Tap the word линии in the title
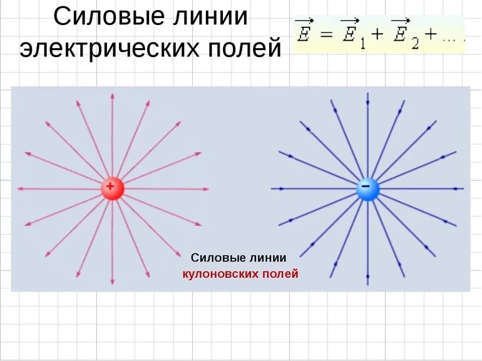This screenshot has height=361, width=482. tap(208, 17)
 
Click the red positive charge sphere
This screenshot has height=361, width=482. tap(112, 188)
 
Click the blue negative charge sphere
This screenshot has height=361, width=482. tap(367, 188)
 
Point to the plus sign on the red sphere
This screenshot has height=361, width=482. tap(110, 186)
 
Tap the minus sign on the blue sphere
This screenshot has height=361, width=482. tap(366, 186)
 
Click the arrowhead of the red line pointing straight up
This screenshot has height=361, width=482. tap(112, 96)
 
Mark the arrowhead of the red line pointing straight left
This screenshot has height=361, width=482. tap(19, 188)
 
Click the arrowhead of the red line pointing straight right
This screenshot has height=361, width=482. tap(206, 188)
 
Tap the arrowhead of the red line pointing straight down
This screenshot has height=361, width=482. tap(112, 283)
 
